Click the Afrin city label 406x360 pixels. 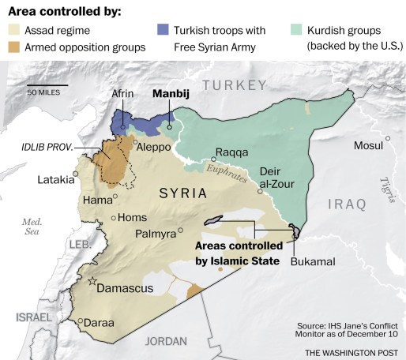(x=122, y=93)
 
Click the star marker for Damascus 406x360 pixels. (x=92, y=281)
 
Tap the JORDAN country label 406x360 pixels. (x=166, y=341)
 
